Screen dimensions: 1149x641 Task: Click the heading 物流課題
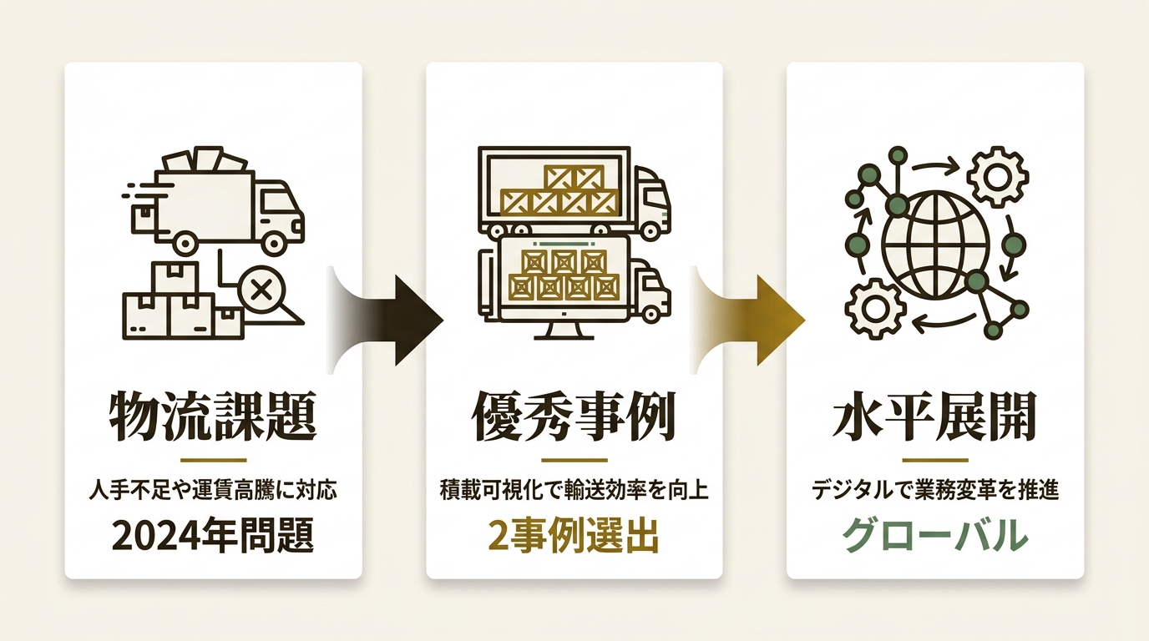(x=212, y=416)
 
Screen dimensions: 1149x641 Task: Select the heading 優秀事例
(x=574, y=416)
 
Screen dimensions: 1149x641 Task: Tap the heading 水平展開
(x=934, y=416)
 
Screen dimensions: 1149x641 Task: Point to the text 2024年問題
(x=212, y=535)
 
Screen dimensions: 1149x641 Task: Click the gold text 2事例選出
(x=574, y=535)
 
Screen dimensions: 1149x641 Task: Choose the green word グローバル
(x=934, y=535)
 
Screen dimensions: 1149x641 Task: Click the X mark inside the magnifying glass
(x=261, y=292)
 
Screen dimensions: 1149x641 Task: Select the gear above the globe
(x=997, y=177)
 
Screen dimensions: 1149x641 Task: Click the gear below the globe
(x=874, y=309)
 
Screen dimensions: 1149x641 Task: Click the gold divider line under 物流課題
(x=214, y=460)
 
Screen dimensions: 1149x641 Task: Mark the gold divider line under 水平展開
(x=935, y=460)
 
